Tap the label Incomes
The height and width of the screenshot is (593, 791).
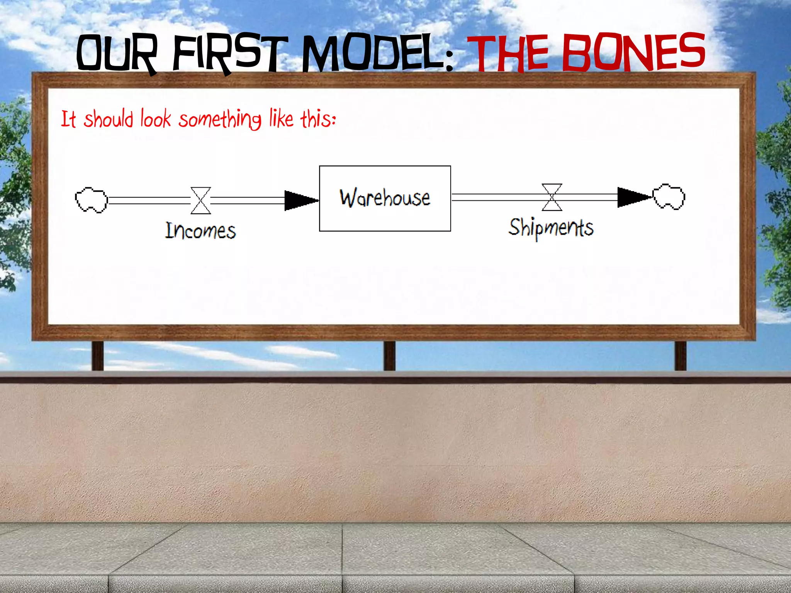click(x=200, y=231)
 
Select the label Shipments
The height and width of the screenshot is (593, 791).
click(x=551, y=228)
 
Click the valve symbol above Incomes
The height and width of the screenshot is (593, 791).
click(x=201, y=200)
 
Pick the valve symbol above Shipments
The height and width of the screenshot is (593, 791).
click(x=552, y=197)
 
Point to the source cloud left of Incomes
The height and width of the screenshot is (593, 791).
click(x=91, y=200)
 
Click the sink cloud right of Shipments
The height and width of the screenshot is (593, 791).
click(x=669, y=197)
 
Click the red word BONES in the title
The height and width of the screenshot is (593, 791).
click(x=633, y=52)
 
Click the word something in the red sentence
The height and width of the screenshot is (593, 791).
click(x=220, y=119)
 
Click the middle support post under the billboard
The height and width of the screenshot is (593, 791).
click(x=389, y=356)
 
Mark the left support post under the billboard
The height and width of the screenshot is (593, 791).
click(x=98, y=356)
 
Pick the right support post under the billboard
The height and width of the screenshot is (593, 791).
click(x=680, y=356)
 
